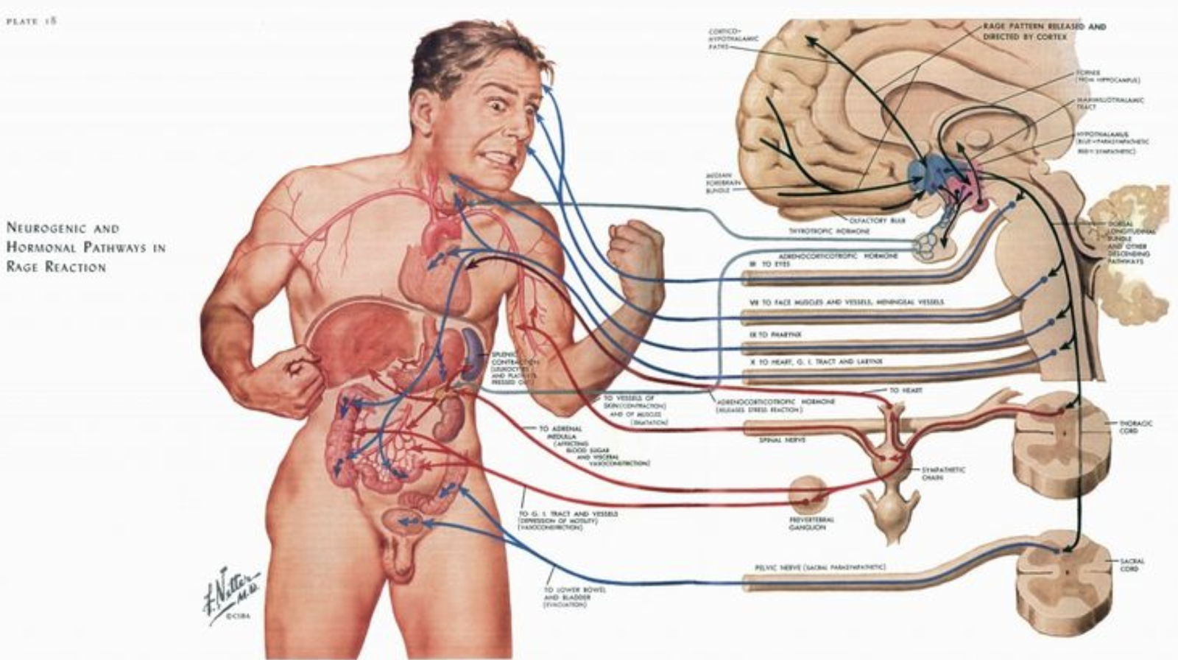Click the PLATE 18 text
click(x=32, y=21)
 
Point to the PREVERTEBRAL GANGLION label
click(x=811, y=524)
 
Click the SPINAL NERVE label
click(x=782, y=440)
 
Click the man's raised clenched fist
click(x=635, y=250)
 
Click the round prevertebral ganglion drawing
click(x=809, y=493)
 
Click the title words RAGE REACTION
click(x=56, y=267)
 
